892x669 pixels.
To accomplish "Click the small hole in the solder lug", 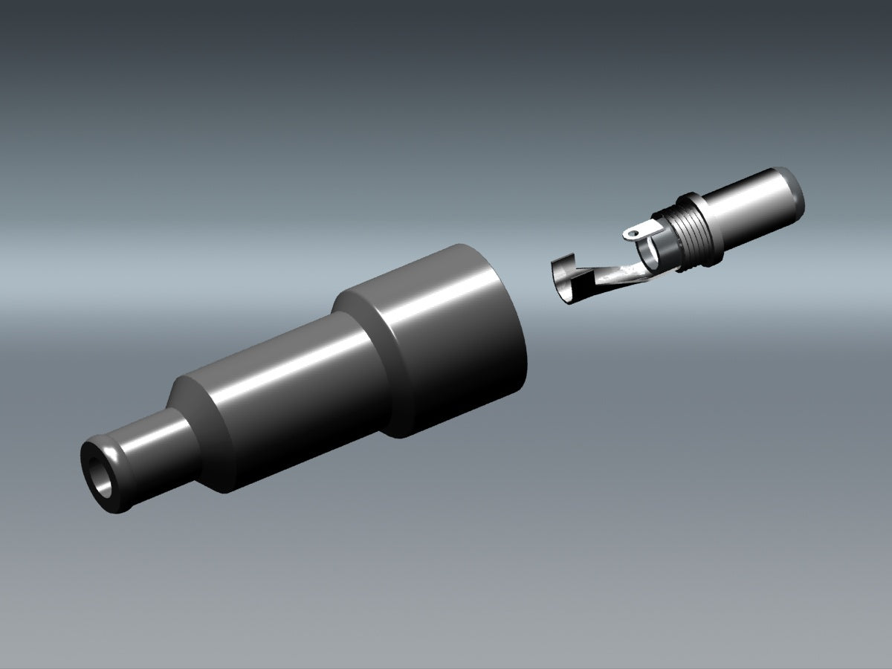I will click(x=631, y=233).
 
